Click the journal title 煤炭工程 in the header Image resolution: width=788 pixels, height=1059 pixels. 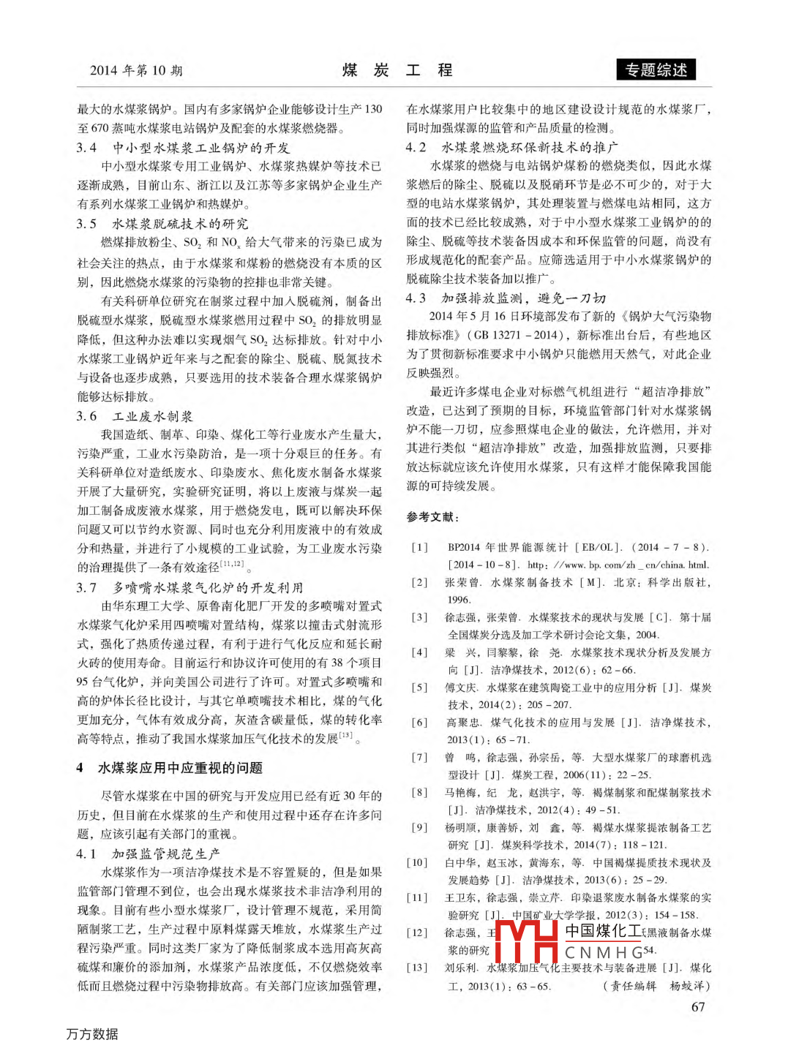397,70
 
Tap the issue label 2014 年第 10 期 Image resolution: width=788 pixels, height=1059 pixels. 136,70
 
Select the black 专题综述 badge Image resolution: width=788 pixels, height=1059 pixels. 656,70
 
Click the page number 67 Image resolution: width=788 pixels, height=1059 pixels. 698,1007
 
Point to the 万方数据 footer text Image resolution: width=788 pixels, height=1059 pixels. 92,1034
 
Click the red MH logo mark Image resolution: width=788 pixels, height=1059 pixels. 526,941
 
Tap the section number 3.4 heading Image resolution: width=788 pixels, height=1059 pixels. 87,148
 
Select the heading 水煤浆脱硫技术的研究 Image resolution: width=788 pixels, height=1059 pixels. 180,224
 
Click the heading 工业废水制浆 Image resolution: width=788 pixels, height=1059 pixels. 153,416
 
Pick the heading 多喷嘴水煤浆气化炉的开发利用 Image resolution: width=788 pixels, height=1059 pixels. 208,587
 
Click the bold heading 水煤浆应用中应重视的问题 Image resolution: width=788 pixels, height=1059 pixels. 180,768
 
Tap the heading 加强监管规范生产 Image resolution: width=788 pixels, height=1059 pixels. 166,853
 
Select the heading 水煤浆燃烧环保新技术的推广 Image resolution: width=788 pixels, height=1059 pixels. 530,147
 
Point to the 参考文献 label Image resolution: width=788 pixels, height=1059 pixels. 433,517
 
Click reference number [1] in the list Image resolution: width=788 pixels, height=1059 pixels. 419,547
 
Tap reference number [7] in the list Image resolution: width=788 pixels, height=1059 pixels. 419,758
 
